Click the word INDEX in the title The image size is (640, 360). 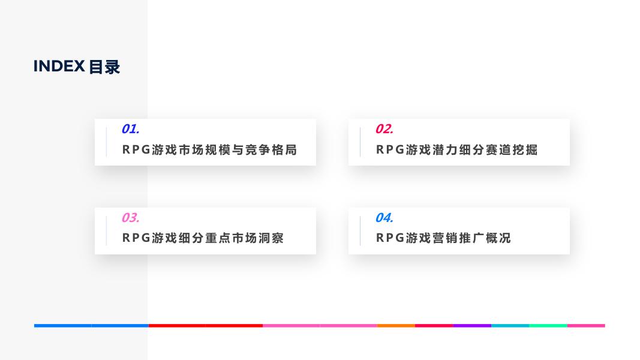coord(59,67)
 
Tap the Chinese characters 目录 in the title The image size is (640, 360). coord(104,67)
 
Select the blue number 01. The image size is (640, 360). coord(130,129)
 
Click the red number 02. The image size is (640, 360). coord(384,129)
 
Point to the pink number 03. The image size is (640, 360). coord(130,218)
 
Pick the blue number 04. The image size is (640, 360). coord(384,218)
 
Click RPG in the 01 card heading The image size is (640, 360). coord(136,150)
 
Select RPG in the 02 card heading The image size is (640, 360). coord(389,150)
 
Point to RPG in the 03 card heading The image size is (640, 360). coord(136,238)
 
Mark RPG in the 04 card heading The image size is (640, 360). coord(389,238)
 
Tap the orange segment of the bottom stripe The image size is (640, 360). coord(396,326)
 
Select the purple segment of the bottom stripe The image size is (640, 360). coord(471,326)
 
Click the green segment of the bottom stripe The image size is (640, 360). coord(548,326)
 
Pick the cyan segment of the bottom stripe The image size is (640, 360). coord(510,326)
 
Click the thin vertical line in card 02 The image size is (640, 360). coord(360,142)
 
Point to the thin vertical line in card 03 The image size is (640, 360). coord(106,231)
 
